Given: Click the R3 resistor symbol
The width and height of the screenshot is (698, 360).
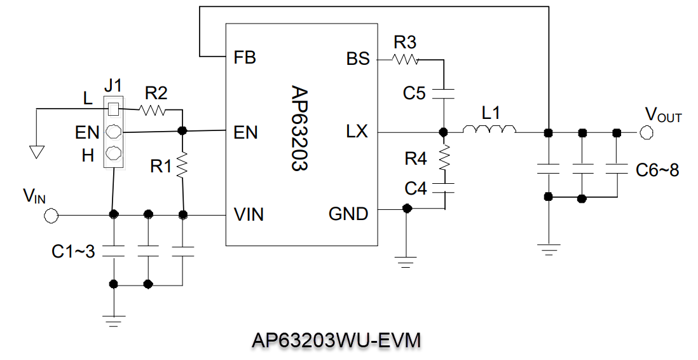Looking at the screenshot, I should pos(405,60).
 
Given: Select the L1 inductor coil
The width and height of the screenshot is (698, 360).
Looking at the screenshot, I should pos(489,132).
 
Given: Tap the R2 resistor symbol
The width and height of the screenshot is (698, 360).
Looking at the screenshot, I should pos(153,111).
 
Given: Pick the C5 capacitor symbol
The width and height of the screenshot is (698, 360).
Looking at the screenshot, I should pos(444,93).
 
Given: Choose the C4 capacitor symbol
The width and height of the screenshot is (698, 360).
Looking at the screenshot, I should pos(444,188).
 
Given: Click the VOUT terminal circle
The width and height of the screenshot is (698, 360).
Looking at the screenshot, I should pos(647,132).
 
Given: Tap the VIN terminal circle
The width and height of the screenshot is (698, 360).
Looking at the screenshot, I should pos(51,216).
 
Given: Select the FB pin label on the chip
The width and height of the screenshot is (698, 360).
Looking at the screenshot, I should pos(245,58).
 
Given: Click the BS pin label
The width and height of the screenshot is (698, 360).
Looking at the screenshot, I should pos(358,59).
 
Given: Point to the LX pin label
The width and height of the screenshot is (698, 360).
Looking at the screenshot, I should pos(357,132).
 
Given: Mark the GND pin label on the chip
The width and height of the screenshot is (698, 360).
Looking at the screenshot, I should pos(348,214).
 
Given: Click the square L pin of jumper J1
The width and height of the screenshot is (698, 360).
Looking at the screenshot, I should pos(113,109).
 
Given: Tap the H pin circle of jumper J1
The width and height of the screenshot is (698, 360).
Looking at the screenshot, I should pos(113,153).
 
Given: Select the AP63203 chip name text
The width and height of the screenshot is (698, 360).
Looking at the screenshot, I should pos(299,128).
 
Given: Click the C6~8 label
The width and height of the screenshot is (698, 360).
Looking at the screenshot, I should pos(657,170).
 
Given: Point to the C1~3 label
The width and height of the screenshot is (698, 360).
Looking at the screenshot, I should pos(73,252).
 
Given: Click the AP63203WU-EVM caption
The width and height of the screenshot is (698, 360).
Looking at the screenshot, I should pos(336,341).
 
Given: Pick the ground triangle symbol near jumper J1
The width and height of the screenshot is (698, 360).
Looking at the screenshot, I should pos(37,152).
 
